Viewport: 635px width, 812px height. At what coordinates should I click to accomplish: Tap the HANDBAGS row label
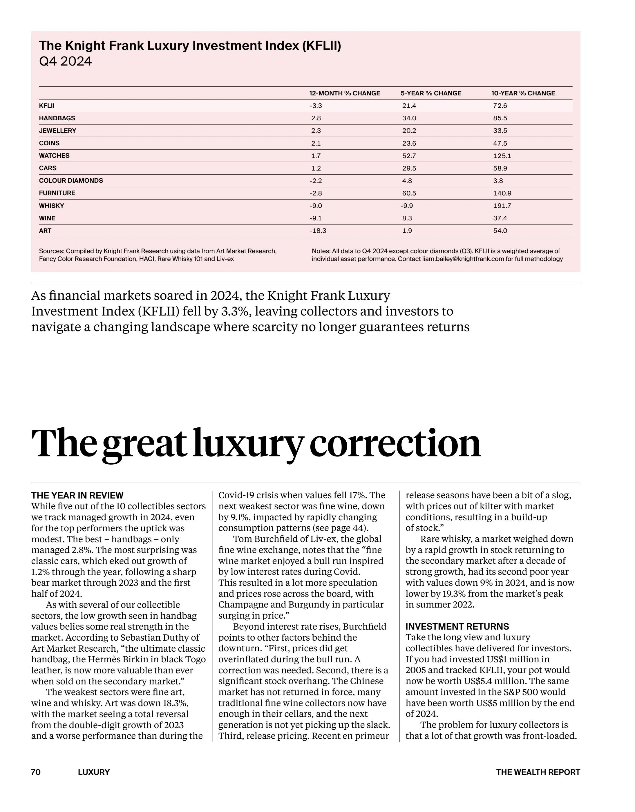tap(57, 118)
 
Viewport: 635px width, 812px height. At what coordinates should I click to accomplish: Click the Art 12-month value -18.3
tap(318, 231)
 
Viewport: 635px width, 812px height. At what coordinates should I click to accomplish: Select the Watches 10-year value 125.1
tap(502, 156)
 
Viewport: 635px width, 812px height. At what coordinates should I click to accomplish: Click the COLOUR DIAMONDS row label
tap(71, 181)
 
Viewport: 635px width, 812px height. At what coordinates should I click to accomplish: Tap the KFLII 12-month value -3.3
tap(315, 106)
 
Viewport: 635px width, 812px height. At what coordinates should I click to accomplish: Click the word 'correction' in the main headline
tap(395, 443)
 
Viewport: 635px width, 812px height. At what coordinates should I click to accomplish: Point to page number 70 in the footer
tap(36, 772)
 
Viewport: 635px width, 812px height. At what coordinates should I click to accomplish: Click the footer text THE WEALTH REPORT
tap(538, 772)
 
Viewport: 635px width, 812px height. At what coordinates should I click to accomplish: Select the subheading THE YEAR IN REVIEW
tap(77, 495)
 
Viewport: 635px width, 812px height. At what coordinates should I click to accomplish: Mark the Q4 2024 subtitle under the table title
tap(65, 61)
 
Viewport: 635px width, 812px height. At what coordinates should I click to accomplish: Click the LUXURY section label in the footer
tap(94, 772)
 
